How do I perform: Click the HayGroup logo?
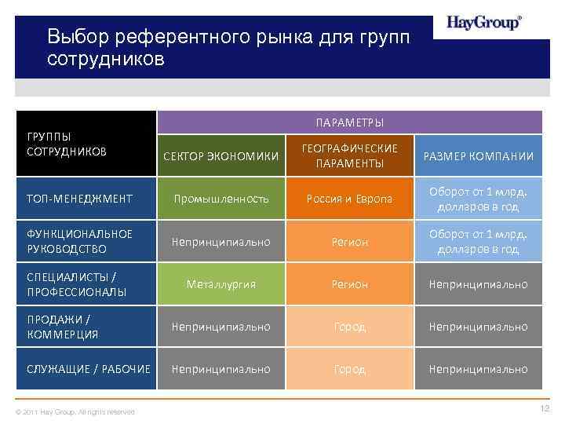tap(483, 23)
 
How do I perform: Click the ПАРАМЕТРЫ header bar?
tap(349, 122)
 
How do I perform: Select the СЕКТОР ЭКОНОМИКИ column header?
tap(221, 156)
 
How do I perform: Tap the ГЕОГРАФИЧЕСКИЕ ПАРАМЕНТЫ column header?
tap(349, 155)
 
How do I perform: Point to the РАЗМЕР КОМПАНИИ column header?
tap(479, 156)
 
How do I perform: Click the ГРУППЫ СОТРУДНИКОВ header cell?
tap(86, 144)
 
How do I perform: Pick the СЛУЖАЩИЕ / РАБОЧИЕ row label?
tap(86, 369)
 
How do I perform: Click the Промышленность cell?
tap(221, 199)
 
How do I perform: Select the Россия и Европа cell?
tap(349, 199)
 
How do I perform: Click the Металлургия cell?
tap(221, 284)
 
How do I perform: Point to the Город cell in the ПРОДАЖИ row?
tap(349, 327)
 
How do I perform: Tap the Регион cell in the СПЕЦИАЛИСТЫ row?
tap(349, 284)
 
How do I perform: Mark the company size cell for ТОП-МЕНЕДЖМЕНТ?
tap(479, 199)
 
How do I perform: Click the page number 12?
tap(545, 408)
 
